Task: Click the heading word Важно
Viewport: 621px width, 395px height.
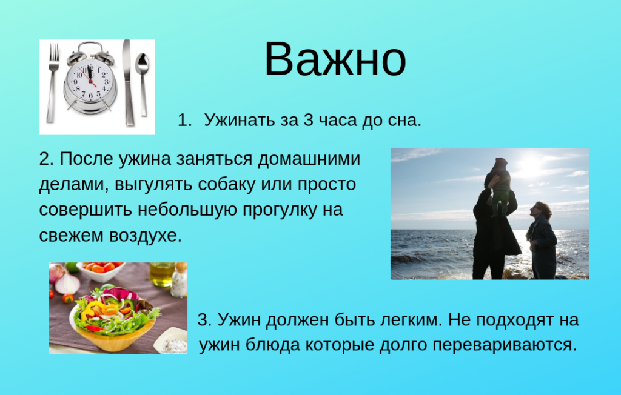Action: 335,59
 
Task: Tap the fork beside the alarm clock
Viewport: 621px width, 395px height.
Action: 53,82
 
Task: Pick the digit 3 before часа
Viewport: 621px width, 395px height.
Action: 307,120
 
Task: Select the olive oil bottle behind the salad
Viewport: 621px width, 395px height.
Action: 161,274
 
